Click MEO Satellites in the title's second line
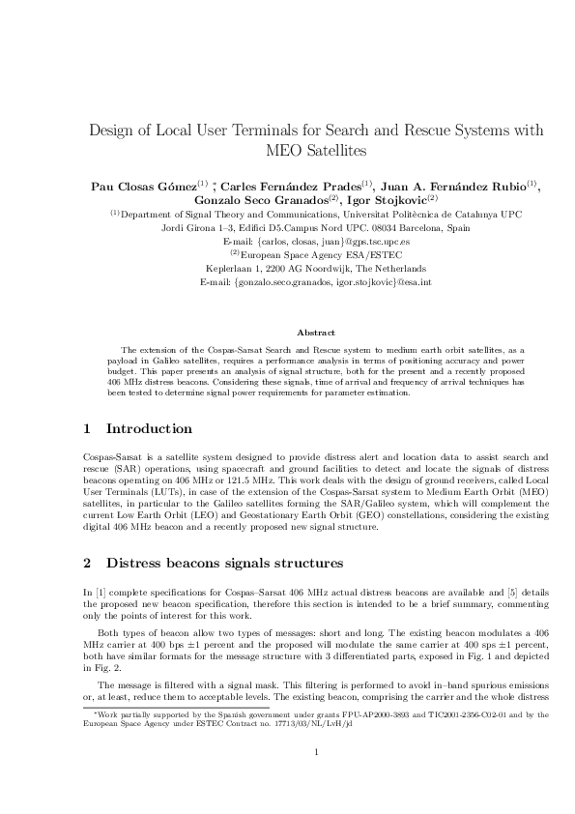point(316,152)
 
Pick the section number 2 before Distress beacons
point(87,562)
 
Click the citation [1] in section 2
point(99,591)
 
